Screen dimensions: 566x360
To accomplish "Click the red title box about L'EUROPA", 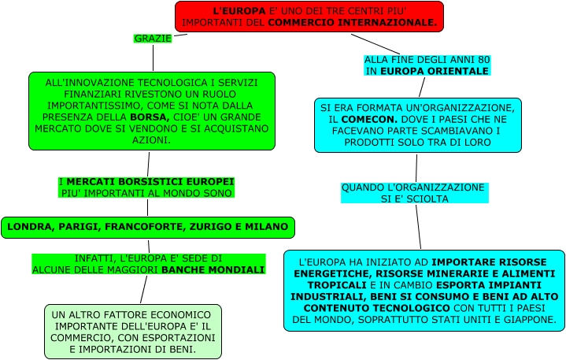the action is [x=309, y=17].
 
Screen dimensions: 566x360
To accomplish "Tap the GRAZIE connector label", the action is [x=153, y=39].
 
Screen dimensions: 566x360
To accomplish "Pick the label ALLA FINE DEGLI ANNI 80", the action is [x=427, y=60].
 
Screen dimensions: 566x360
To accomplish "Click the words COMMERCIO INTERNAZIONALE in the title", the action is [x=351, y=23].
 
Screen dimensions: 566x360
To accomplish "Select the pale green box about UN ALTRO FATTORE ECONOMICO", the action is [x=133, y=331].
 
